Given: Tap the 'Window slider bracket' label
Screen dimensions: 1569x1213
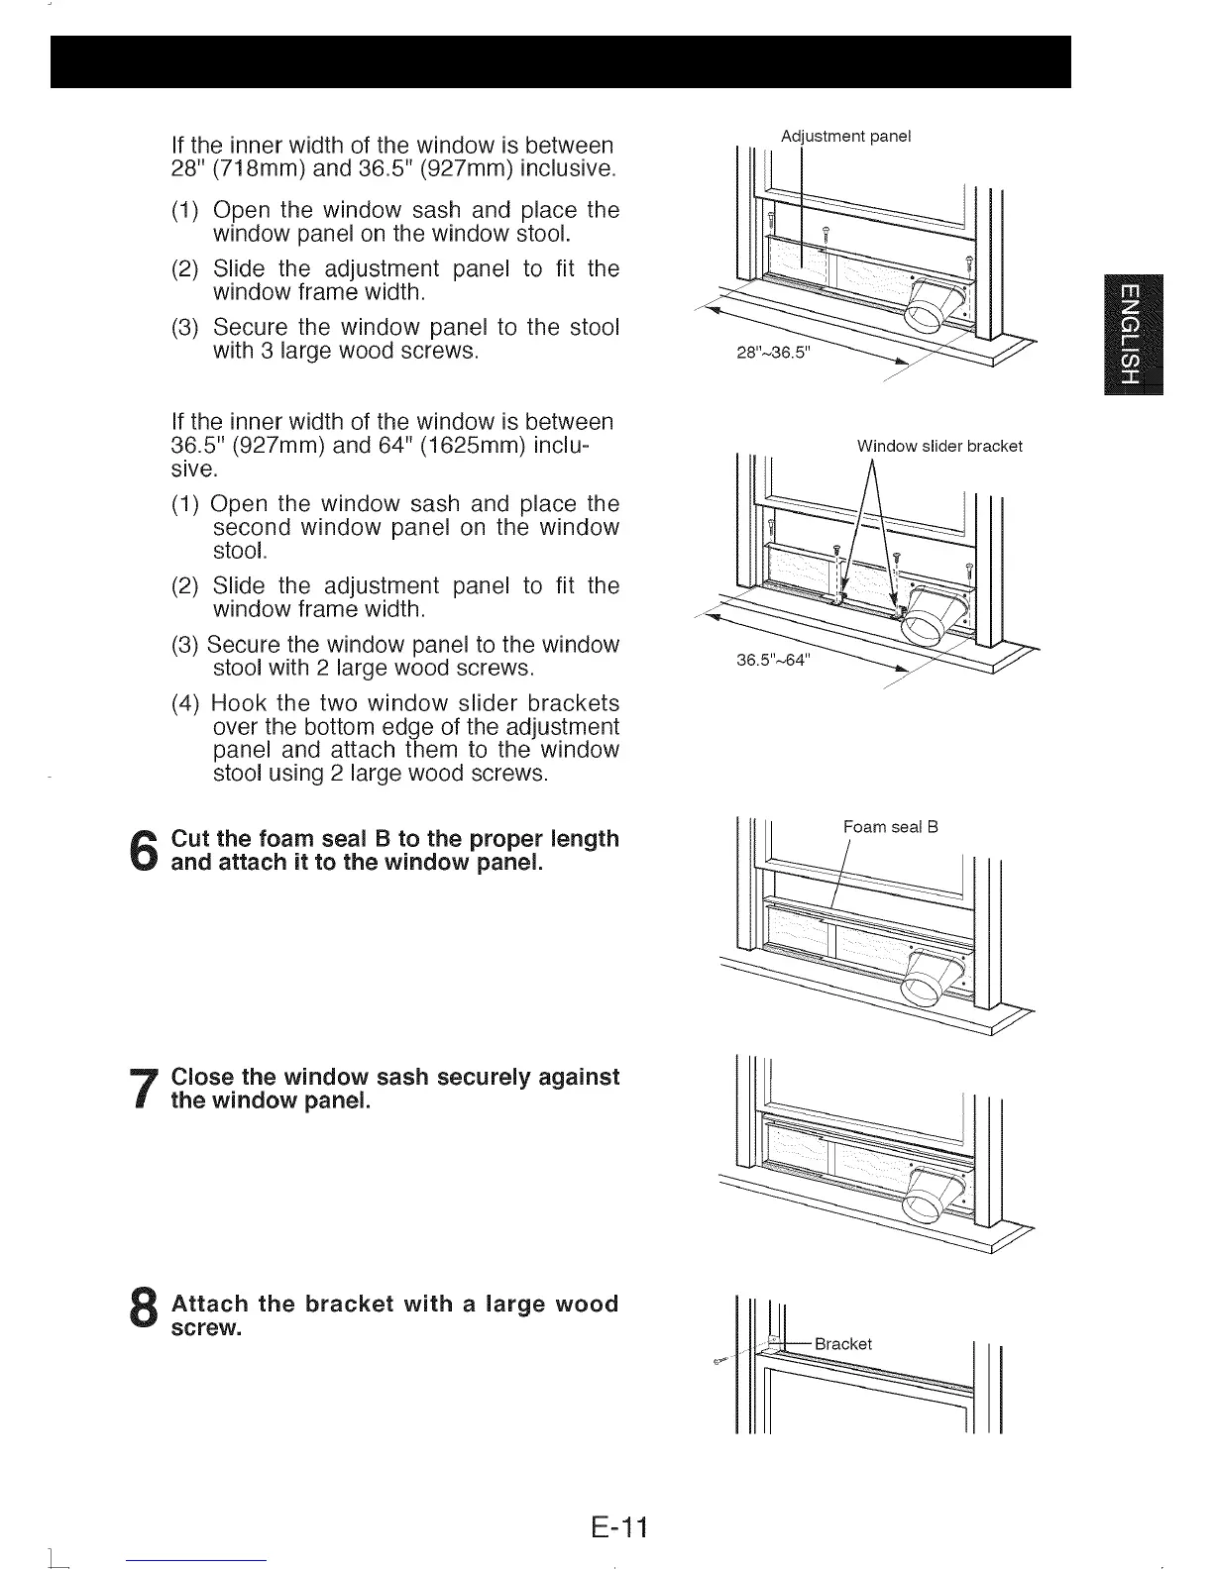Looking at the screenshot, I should click(x=938, y=446).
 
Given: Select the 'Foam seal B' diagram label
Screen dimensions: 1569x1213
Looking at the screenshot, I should click(x=890, y=826).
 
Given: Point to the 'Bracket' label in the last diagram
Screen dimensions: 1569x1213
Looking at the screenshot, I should click(x=842, y=1343).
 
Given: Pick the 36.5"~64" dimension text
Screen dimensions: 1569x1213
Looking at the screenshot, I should click(x=773, y=662).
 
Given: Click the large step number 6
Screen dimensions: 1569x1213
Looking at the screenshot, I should click(x=145, y=851).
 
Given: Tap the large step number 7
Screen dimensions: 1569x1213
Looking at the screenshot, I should click(x=145, y=1089).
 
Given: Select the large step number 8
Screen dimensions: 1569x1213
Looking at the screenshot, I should click(x=145, y=1315).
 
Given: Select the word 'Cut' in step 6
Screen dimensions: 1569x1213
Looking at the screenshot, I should click(x=192, y=839).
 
